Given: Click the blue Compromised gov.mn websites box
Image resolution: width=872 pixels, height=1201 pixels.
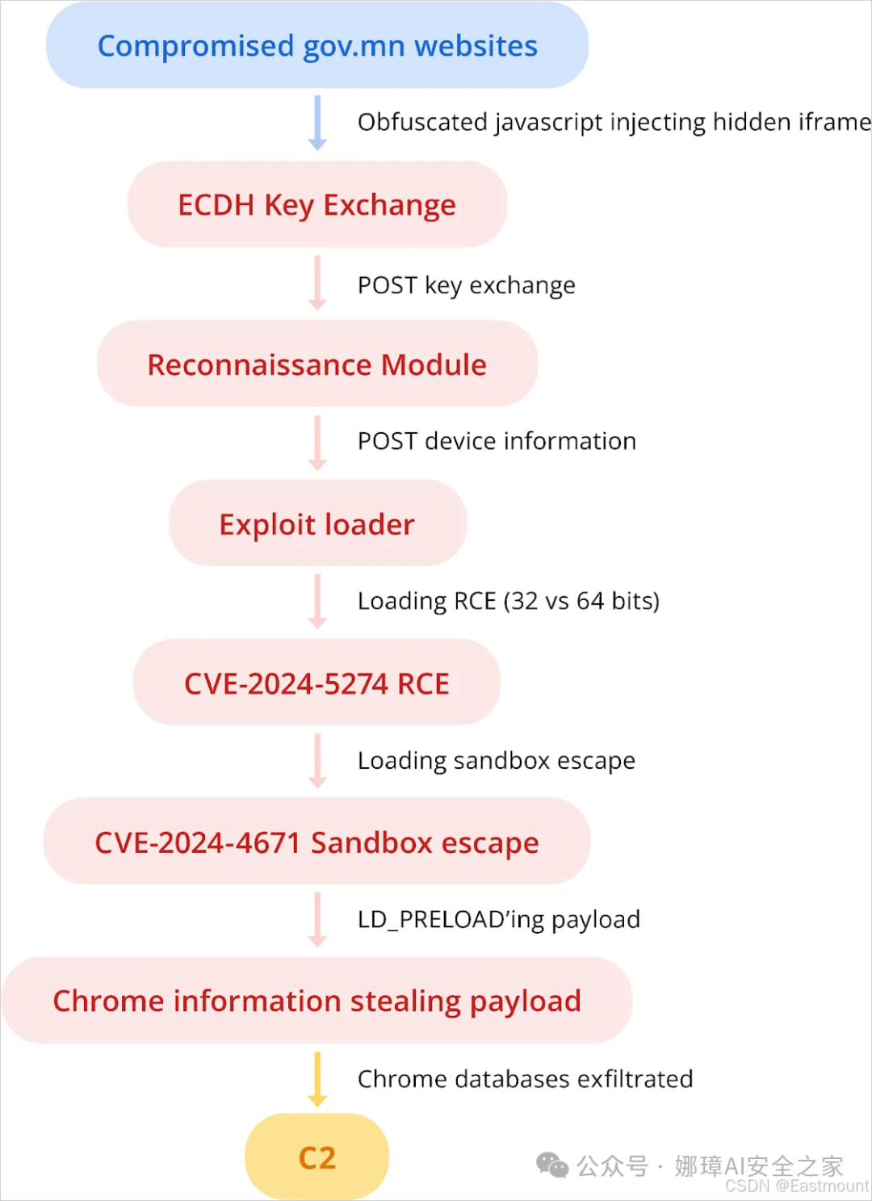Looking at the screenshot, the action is point(317,46).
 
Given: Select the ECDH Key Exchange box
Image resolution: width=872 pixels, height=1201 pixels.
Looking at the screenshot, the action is point(317,205).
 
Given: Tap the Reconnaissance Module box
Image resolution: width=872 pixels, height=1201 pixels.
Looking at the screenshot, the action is point(317,364).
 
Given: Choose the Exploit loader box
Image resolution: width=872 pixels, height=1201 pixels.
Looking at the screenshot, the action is point(317,524).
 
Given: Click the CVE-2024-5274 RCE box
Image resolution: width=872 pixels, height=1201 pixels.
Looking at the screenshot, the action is point(317,683).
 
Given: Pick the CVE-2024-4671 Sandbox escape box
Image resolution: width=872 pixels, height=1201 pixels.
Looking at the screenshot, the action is point(317,842).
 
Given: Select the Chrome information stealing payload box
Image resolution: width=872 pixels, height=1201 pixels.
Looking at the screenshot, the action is point(317,1001).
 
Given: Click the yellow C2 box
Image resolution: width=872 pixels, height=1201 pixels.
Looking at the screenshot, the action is point(317,1157).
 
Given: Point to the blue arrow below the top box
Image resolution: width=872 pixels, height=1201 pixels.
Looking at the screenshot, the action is point(317,123).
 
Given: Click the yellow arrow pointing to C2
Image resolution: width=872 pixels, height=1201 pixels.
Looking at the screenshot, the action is point(317,1079).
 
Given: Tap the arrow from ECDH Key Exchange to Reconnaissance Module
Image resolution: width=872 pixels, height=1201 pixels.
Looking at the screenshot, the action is point(317,283).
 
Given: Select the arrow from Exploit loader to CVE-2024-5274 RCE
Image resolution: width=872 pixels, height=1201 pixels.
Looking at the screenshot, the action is point(317,602).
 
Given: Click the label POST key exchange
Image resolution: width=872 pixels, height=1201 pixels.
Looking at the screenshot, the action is point(467,285).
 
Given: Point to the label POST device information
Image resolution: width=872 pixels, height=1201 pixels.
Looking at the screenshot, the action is point(497,441).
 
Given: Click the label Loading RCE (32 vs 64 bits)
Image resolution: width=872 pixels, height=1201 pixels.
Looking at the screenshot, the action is point(509,601).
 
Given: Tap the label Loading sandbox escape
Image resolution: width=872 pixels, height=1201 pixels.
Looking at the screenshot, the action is point(497,760).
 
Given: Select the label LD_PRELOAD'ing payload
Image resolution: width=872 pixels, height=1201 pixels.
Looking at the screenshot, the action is point(499,919).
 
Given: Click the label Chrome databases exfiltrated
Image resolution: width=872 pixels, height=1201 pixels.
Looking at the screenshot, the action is point(526,1079).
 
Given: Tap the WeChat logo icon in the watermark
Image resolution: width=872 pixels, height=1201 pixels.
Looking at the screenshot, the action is point(553,1165).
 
